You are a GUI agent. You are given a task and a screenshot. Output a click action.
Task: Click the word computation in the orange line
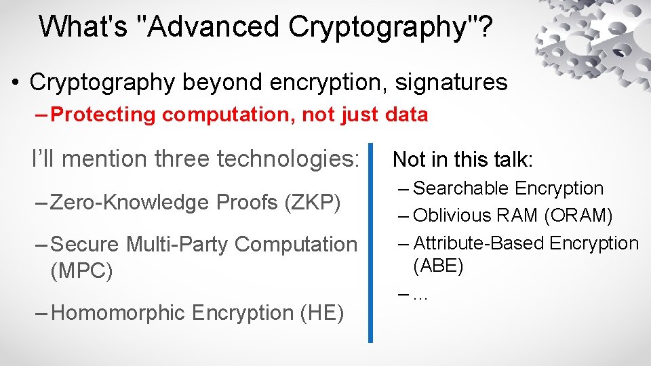point(228,115)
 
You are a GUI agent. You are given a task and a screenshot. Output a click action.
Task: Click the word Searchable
point(460,188)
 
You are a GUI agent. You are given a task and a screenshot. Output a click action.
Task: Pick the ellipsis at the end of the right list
point(420,296)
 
